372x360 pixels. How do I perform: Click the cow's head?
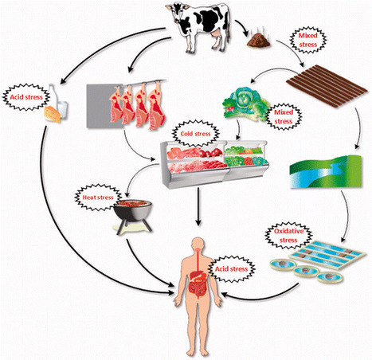176,14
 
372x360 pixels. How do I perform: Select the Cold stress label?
195,134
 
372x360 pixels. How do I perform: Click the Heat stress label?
98,198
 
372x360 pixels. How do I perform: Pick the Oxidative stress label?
288,236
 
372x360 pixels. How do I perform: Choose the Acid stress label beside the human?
231,269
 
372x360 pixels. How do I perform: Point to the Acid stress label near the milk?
26,97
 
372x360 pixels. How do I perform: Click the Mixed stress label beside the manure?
307,40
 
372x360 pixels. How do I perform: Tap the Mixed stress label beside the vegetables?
284,117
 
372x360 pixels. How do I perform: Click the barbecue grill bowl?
133,210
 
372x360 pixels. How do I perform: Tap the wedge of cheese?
53,114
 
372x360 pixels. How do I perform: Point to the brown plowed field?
327,86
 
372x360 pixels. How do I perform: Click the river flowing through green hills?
326,172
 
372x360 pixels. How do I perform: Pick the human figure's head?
198,244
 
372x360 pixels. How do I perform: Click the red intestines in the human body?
198,288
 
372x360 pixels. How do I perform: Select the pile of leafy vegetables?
245,104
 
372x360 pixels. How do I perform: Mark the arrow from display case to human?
198,207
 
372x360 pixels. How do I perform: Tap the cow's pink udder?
217,34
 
